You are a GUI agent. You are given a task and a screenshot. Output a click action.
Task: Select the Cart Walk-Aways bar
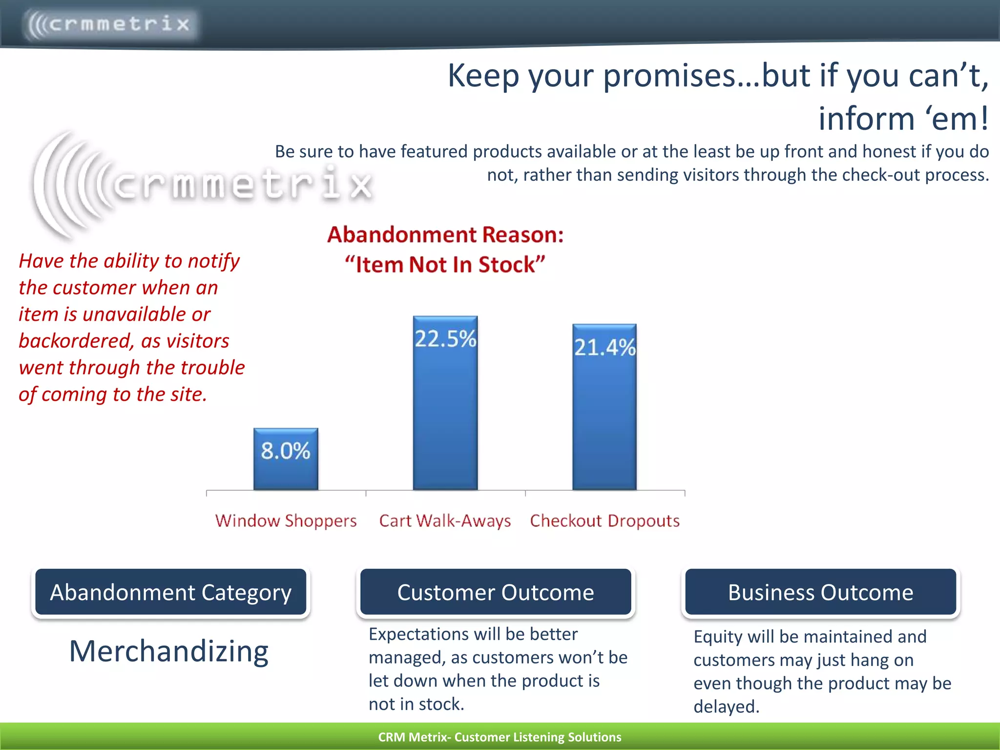point(445,415)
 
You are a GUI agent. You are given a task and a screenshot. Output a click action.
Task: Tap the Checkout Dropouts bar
point(604,420)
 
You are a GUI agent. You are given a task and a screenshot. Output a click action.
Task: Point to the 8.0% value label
point(286,450)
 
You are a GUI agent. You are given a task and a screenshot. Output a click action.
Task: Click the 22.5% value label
point(445,338)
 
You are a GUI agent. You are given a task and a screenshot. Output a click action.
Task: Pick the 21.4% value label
point(604,347)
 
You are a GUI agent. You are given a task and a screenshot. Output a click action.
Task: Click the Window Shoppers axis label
point(286,521)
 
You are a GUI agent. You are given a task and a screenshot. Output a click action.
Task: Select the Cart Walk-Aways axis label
point(445,521)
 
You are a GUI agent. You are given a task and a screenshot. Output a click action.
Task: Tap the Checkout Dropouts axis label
point(604,521)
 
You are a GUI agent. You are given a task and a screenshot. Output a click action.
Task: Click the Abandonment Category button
point(170,592)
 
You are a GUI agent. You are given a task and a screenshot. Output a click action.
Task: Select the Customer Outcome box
point(495,592)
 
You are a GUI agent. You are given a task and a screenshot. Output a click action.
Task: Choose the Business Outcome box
point(820,592)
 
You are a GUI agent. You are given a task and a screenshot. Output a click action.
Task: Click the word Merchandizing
point(169,651)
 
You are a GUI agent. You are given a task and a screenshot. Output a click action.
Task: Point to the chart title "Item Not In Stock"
point(445,264)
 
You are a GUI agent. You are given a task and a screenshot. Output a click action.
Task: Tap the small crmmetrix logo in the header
point(110,23)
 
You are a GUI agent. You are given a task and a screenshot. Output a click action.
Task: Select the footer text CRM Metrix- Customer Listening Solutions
point(500,737)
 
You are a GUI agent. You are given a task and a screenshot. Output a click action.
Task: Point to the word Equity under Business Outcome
point(717,637)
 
